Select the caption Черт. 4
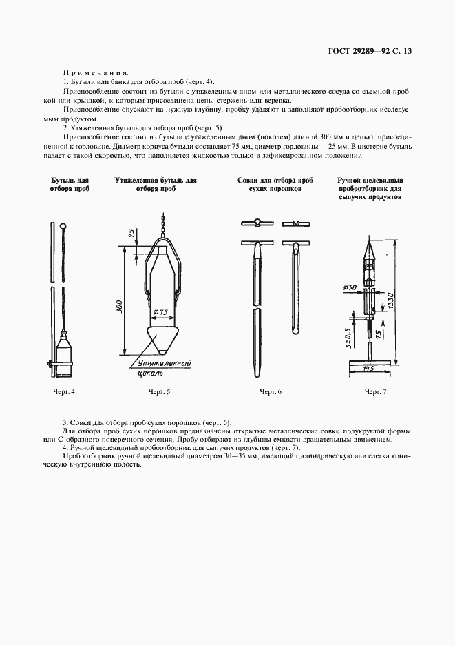point(63,392)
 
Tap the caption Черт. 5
point(159,392)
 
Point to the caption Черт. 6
point(271,392)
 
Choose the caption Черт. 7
point(375,392)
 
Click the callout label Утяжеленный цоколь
point(162,367)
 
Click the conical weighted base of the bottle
point(163,338)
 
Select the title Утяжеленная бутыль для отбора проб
point(156,184)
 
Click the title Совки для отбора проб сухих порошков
point(270,184)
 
